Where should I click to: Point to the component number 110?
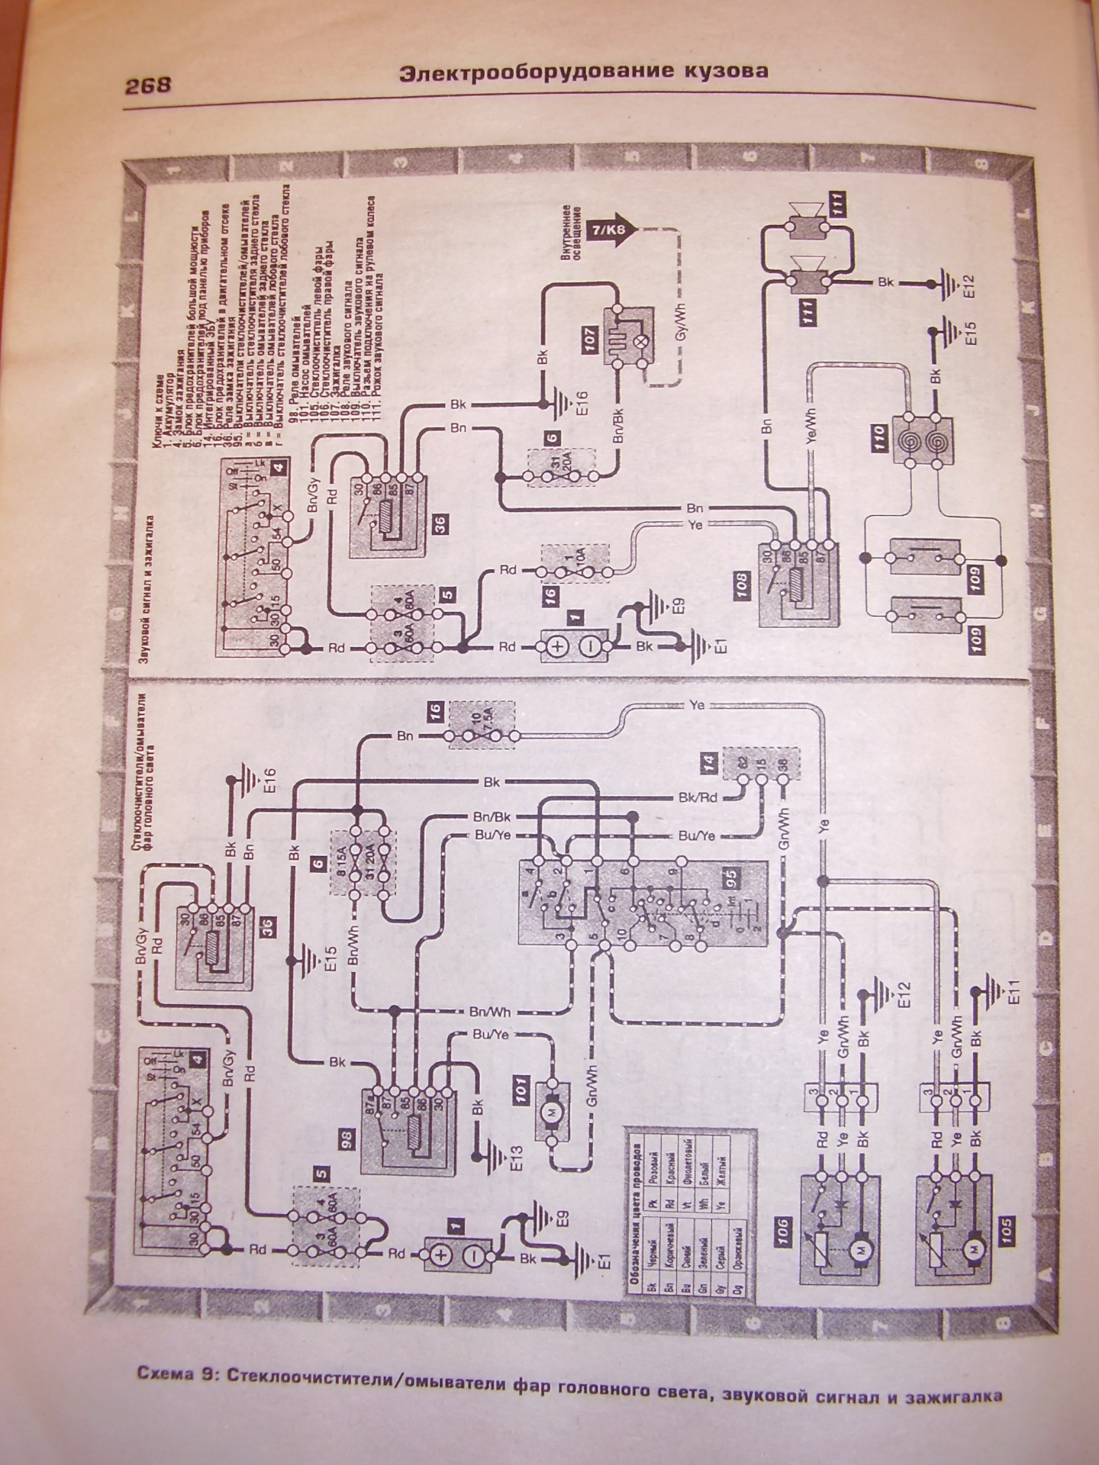click(x=879, y=440)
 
